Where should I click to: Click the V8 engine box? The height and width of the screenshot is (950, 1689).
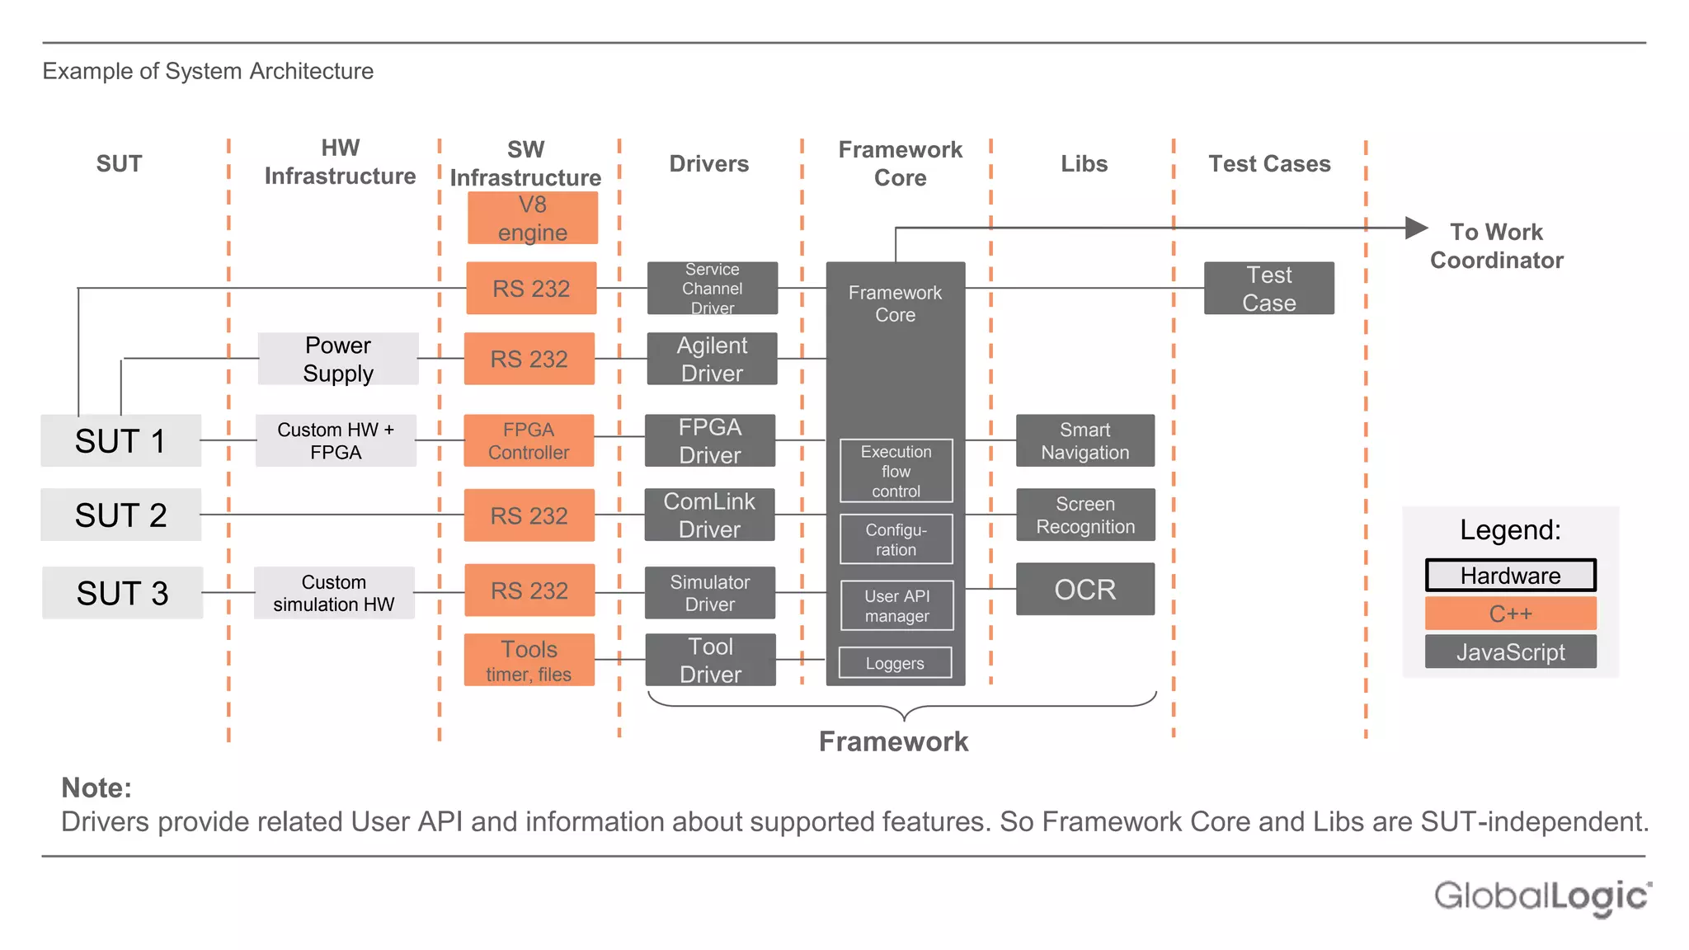point(532,218)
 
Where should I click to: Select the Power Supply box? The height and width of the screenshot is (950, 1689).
point(338,359)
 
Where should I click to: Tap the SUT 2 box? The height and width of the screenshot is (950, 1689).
point(121,515)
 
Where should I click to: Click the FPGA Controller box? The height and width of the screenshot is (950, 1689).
point(529,440)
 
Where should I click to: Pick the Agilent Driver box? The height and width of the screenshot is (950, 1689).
point(712,359)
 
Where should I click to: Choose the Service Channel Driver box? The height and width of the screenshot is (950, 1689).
point(712,288)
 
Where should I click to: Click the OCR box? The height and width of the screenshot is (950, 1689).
point(1084,589)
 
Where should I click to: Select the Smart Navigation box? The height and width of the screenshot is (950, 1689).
point(1084,440)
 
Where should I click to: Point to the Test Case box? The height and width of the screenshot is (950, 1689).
point(1268,288)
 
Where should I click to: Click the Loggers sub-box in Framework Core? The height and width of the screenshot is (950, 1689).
point(895,663)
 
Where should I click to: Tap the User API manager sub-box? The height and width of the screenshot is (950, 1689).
point(896,605)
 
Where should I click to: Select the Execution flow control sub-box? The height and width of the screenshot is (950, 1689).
point(896,471)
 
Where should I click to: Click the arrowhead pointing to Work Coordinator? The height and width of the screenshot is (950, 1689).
point(1415,228)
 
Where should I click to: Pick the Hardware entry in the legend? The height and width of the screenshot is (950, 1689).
point(1510,575)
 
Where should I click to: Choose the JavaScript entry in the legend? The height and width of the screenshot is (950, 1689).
point(1510,651)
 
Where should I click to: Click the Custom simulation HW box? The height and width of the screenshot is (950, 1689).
point(334,593)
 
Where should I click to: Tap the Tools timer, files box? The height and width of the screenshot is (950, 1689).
point(529,660)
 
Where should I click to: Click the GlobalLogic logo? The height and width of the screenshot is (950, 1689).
point(1542,896)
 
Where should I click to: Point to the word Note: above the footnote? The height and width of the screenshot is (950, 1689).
point(96,788)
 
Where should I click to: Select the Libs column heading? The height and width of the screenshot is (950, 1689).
point(1084,163)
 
